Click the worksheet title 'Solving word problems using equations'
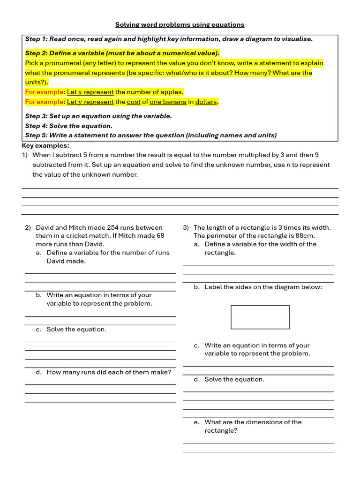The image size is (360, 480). pyautogui.click(x=180, y=24)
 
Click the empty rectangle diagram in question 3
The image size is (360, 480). pyautogui.click(x=260, y=317)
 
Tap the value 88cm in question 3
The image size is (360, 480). pyautogui.click(x=306, y=236)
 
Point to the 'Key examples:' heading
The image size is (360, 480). pyautogui.click(x=45, y=146)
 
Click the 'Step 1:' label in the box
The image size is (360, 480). pyautogui.click(x=36, y=39)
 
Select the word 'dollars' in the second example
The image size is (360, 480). pyautogui.click(x=206, y=102)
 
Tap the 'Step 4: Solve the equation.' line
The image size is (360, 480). pyautogui.click(x=69, y=126)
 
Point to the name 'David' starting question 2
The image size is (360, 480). pyautogui.click(x=45, y=227)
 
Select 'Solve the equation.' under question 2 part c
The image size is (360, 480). pyautogui.click(x=76, y=329)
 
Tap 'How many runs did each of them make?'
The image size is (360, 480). pyautogui.click(x=109, y=372)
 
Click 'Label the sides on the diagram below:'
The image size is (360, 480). pyautogui.click(x=263, y=287)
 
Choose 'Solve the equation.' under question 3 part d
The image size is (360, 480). pyautogui.click(x=234, y=379)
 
